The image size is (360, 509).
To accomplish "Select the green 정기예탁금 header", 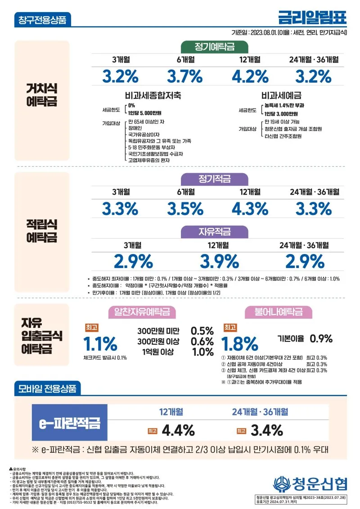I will (215, 47).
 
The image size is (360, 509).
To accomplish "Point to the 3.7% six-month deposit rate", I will (185, 76).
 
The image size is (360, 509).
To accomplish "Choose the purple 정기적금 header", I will (215, 179).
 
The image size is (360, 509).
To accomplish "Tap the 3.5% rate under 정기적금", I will (185, 209).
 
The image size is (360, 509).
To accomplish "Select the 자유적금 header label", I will (215, 232).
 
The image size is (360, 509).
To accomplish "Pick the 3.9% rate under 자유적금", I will (220, 261).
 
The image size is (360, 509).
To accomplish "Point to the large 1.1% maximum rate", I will (100, 344).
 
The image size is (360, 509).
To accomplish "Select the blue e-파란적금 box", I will (70, 423).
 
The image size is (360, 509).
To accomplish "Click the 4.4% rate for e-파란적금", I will (178, 430).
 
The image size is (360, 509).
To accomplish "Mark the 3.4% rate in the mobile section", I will (266, 430).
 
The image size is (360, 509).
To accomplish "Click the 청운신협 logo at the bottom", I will (310, 484).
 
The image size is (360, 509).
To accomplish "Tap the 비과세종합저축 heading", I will (153, 96).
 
